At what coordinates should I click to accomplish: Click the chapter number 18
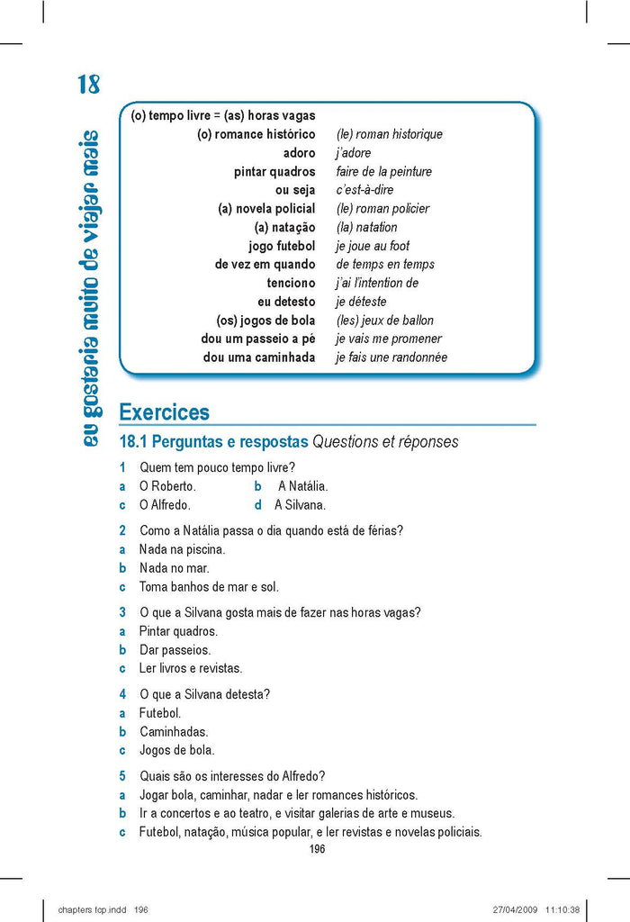(88, 85)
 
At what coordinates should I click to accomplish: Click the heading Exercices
(164, 412)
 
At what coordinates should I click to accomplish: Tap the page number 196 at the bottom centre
(316, 849)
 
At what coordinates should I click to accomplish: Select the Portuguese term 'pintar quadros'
(274, 171)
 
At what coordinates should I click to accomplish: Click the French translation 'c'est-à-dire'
(364, 190)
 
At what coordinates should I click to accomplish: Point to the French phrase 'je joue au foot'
(373, 246)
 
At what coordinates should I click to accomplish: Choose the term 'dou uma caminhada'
(259, 357)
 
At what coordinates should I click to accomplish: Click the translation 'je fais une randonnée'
(391, 357)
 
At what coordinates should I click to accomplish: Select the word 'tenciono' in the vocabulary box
(291, 283)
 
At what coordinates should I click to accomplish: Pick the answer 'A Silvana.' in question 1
(300, 505)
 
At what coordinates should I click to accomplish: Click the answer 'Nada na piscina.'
(182, 549)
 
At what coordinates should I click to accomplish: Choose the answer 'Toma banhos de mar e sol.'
(209, 587)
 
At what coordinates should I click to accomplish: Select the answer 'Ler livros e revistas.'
(191, 668)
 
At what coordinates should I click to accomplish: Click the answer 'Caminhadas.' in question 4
(174, 732)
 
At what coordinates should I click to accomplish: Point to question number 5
(122, 776)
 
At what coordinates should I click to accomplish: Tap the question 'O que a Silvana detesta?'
(204, 694)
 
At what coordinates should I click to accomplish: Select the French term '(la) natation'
(366, 227)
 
